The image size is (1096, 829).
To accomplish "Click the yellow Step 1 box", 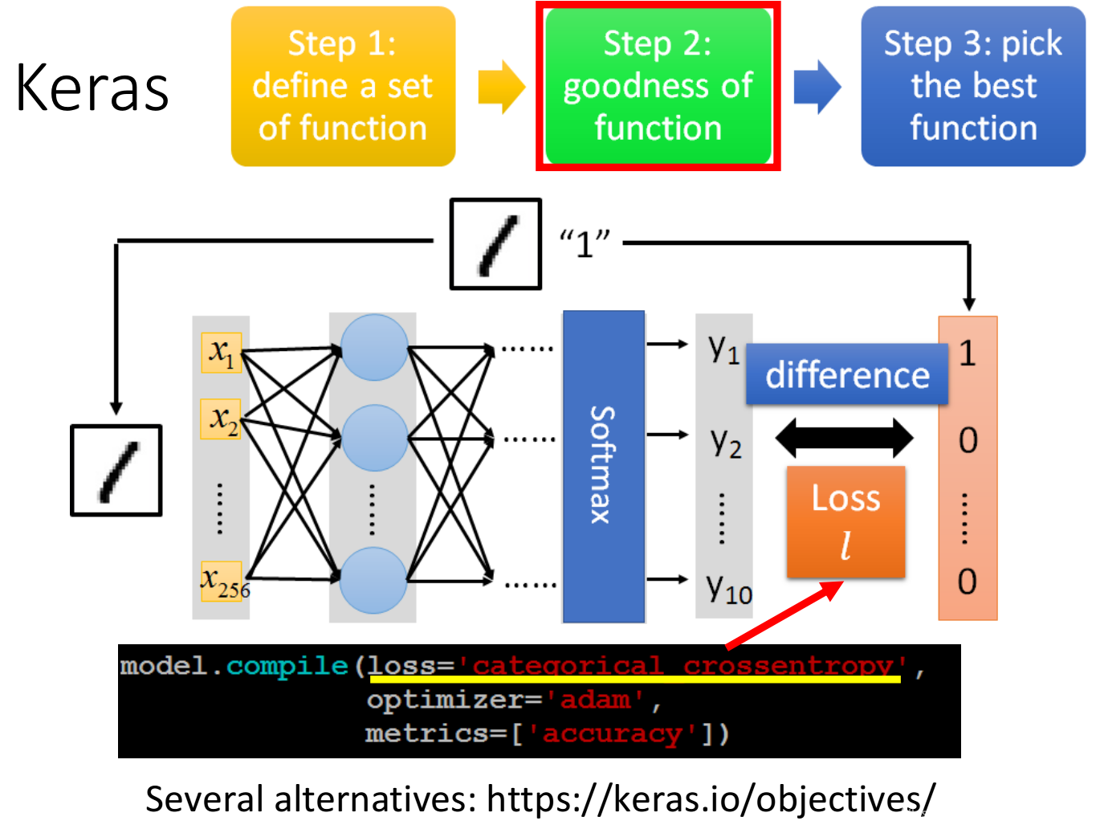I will [x=343, y=86].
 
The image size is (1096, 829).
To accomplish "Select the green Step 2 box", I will [x=658, y=86].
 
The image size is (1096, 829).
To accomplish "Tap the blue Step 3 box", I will [x=973, y=86].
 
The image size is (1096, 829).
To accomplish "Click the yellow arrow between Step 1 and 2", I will [x=501, y=87].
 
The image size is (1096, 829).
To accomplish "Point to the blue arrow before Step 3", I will [x=817, y=87].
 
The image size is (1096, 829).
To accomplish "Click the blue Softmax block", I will [x=604, y=466].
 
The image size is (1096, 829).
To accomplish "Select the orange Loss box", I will [x=845, y=521].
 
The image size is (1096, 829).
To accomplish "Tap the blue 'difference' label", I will [x=847, y=374].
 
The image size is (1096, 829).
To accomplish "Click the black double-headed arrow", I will [x=844, y=439].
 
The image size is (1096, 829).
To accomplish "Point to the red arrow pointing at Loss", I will [x=784, y=615].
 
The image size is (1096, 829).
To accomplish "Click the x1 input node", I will [x=221, y=353].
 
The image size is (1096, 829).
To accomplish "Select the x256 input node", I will [x=222, y=581].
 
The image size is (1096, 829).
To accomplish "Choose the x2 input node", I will [x=222, y=419].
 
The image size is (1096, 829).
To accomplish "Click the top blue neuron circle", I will [x=374, y=348].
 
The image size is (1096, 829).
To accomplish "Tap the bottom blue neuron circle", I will [x=373, y=580].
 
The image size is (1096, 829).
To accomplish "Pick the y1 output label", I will [x=723, y=349].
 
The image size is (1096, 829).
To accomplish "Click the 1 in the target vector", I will [x=968, y=353].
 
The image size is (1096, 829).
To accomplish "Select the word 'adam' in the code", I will [x=595, y=700].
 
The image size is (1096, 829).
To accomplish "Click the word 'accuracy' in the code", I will [x=612, y=733].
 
